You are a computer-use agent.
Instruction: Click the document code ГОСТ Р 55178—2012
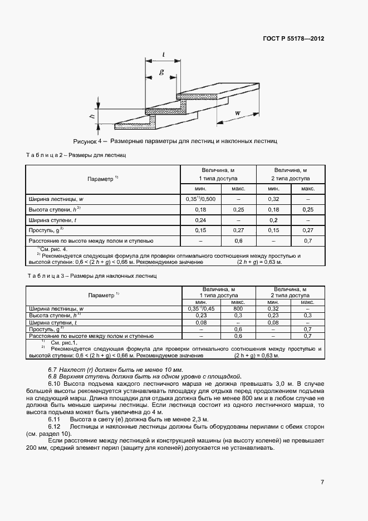point(293,39)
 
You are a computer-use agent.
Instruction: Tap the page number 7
point(322,482)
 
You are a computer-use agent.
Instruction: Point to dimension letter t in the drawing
point(163,54)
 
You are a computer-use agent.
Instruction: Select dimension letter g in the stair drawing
point(161,72)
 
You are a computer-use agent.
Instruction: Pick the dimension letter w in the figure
point(238,113)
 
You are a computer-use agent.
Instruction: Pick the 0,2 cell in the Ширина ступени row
point(273,220)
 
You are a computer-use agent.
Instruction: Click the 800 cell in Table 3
point(238,308)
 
